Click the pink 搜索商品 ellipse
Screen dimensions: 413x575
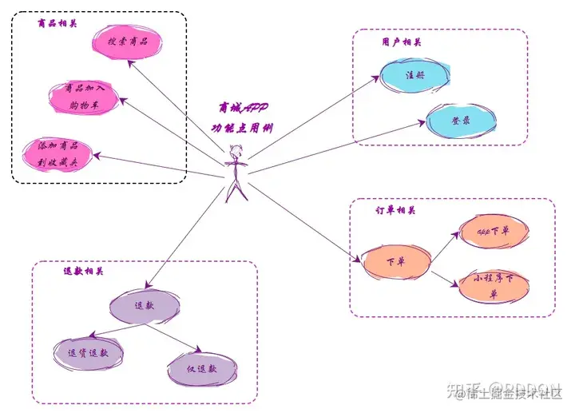point(128,41)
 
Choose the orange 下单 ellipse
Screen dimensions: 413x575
point(395,262)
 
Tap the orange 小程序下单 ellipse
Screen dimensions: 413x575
point(494,286)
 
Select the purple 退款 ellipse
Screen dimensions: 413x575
point(144,305)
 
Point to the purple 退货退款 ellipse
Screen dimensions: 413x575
point(93,352)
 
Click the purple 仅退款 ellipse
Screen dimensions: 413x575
point(202,368)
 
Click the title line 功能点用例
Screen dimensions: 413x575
point(237,126)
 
